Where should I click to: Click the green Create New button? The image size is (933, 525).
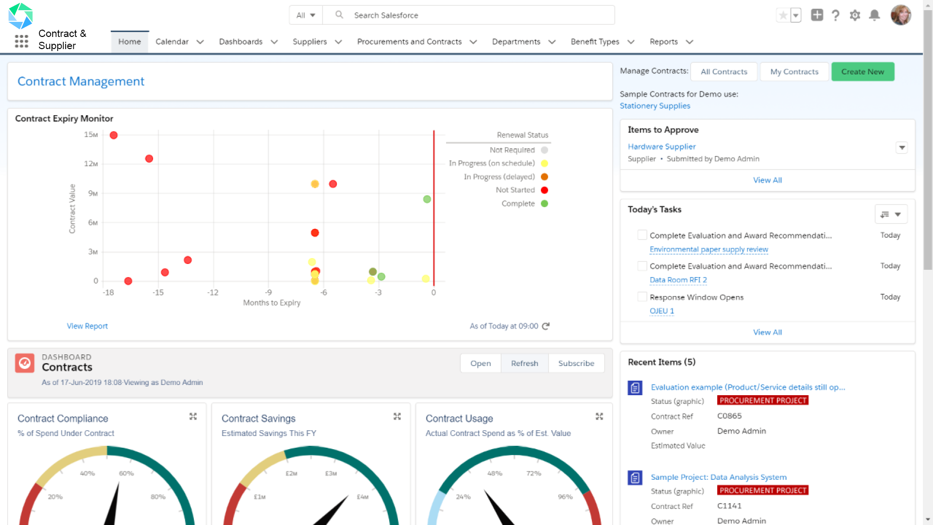863,71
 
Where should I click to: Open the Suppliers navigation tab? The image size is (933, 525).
310,42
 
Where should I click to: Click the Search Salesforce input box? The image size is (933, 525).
481,15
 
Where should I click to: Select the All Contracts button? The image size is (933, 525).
724,71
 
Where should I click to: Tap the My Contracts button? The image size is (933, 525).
794,71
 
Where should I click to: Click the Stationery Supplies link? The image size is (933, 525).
655,105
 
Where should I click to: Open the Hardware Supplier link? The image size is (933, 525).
661,146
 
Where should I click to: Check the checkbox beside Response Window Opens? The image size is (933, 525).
642,297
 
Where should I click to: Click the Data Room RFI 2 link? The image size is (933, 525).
678,280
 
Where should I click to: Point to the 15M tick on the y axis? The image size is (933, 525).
91,135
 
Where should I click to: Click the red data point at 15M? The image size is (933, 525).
114,135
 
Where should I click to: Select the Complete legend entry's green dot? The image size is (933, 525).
544,204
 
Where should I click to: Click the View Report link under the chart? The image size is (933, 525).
87,326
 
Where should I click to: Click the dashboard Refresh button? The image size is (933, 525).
524,363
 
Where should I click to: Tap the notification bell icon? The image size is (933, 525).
874,15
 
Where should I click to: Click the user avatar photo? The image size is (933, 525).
900,15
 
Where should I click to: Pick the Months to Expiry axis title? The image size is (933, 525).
272,303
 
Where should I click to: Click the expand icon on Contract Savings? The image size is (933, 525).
397,417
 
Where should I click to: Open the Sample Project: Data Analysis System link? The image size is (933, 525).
718,477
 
